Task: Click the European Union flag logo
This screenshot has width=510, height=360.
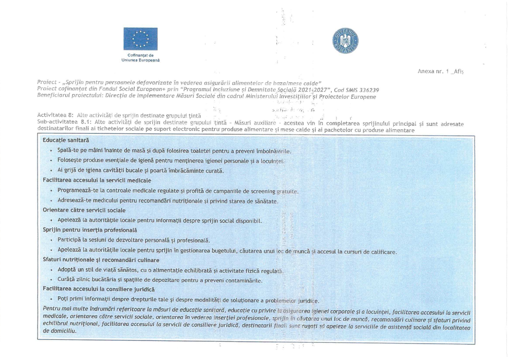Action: (140, 39)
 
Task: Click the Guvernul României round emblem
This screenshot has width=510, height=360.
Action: (345, 41)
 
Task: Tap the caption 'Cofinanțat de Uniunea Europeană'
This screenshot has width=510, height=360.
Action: (140, 58)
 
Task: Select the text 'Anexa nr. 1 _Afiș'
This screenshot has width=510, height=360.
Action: (440, 71)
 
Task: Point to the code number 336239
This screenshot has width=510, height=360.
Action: (369, 90)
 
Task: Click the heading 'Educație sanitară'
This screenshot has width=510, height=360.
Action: (66, 140)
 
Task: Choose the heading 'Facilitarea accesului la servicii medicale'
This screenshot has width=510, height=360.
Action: (97, 180)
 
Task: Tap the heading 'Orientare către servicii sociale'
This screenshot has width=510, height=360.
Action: (84, 210)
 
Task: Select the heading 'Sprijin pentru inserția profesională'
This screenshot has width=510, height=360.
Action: (90, 230)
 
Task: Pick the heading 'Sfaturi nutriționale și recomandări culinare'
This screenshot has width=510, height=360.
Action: (101, 260)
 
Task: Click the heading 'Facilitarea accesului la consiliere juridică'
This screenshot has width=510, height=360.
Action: (99, 289)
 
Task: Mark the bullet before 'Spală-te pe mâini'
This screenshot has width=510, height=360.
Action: (51, 151)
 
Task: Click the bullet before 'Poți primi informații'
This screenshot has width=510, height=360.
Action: (51, 299)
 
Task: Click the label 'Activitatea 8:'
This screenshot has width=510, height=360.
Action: (55, 115)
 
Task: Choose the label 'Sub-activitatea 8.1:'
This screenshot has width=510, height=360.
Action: (64, 122)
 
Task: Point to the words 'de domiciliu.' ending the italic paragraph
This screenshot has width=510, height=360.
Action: (59, 331)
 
